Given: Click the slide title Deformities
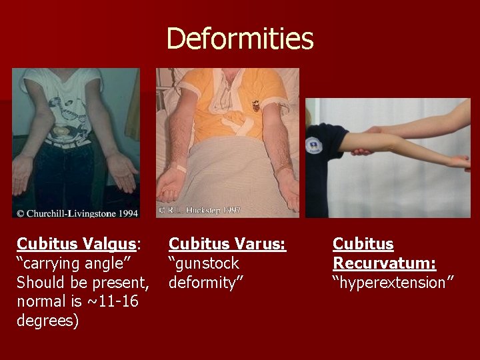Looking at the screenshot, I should coord(239,39).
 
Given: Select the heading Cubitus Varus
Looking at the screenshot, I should coord(227,244).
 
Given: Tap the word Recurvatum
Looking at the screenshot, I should coord(385,263).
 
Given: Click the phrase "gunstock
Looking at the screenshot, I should coord(203,263).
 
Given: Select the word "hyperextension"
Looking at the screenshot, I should coord(393,283).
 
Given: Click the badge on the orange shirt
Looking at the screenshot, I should coord(255,105).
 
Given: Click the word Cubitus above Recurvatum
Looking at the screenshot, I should coord(363,244).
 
